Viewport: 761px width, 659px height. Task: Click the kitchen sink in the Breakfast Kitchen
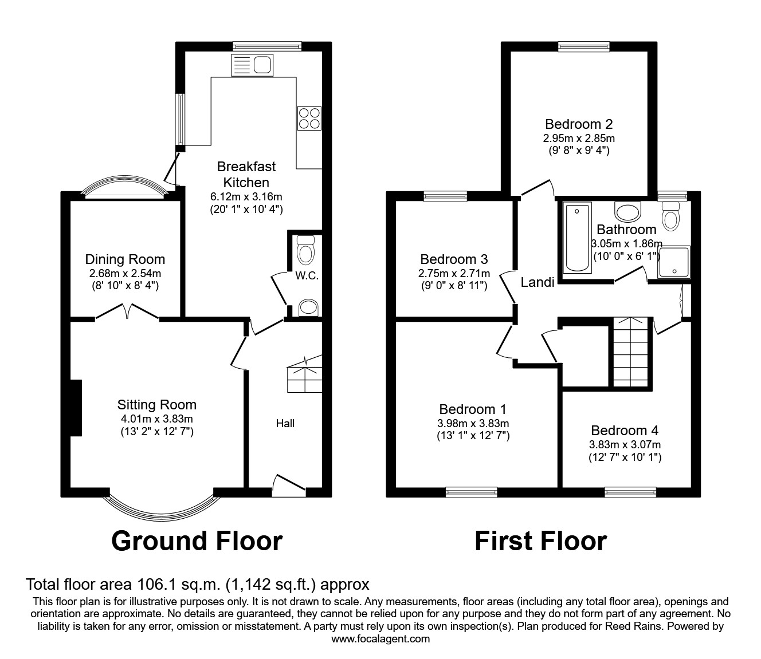[x=251, y=65]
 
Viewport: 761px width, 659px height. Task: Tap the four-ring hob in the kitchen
[x=309, y=119]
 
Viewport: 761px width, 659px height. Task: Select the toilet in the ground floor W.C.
[x=307, y=250]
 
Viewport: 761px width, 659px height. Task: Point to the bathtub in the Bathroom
[x=576, y=238]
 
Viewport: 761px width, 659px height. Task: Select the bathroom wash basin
[x=627, y=211]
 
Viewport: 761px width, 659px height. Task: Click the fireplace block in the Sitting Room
[x=76, y=408]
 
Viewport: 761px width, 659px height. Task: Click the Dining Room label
[x=125, y=259]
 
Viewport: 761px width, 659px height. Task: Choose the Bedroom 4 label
[x=625, y=431]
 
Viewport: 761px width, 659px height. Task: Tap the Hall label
[x=285, y=423]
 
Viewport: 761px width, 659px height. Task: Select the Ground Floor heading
[x=197, y=540]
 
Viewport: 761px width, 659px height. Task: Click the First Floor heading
[x=540, y=540]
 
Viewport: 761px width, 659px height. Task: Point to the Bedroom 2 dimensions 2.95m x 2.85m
[x=579, y=138]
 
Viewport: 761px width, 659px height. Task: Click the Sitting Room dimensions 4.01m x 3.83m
[x=156, y=419]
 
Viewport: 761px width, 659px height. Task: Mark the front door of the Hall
[x=289, y=485]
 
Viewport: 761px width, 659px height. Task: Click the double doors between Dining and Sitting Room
[x=128, y=313]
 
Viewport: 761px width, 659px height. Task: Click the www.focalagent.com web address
[x=380, y=639]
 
